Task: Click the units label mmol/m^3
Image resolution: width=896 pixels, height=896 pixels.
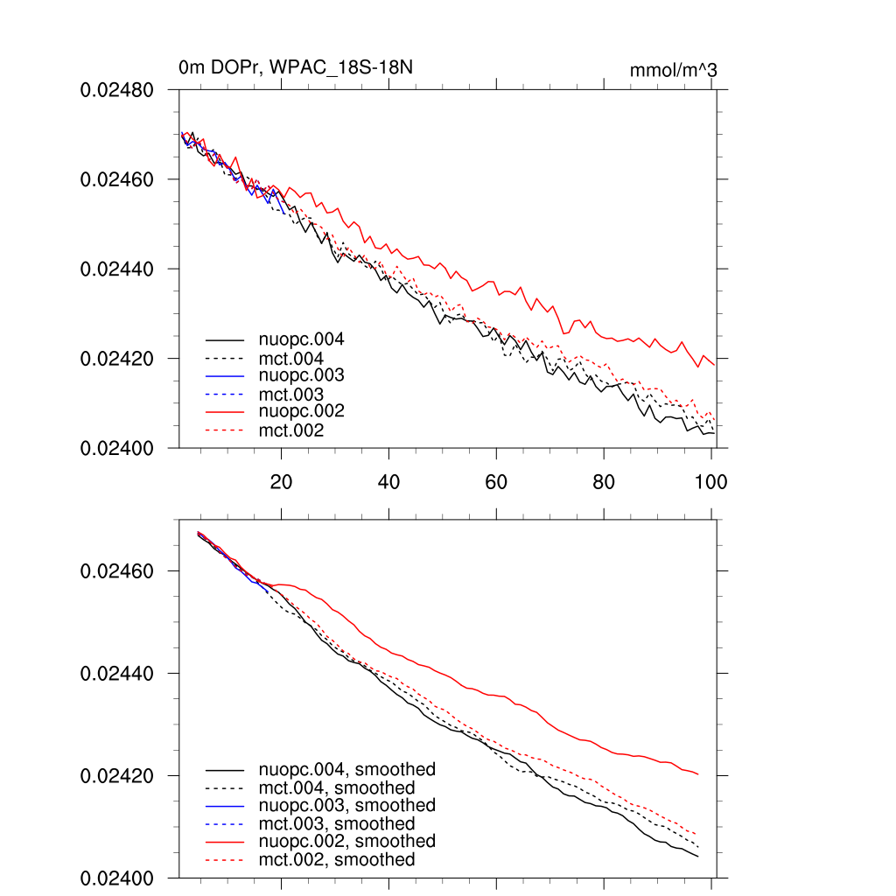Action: [673, 69]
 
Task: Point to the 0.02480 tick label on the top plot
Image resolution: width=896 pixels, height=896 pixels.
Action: [118, 90]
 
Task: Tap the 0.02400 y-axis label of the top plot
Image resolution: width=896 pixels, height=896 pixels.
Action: [118, 448]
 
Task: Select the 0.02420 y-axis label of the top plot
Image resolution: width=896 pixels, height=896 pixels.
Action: [118, 359]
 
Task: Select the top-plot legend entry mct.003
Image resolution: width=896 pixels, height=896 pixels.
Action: [291, 394]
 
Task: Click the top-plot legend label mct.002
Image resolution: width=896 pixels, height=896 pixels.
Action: [291, 430]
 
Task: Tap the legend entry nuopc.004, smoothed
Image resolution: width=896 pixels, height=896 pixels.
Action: [346, 770]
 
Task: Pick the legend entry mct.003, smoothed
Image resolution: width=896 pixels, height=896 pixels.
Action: [337, 823]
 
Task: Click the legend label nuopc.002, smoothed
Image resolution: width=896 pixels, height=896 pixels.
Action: [346, 842]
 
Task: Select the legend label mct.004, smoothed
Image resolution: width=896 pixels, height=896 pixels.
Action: [337, 787]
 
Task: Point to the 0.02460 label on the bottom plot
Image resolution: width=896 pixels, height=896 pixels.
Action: [118, 571]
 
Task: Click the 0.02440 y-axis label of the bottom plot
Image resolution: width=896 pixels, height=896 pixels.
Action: [118, 674]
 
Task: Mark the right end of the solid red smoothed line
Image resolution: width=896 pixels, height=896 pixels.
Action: [697, 774]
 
